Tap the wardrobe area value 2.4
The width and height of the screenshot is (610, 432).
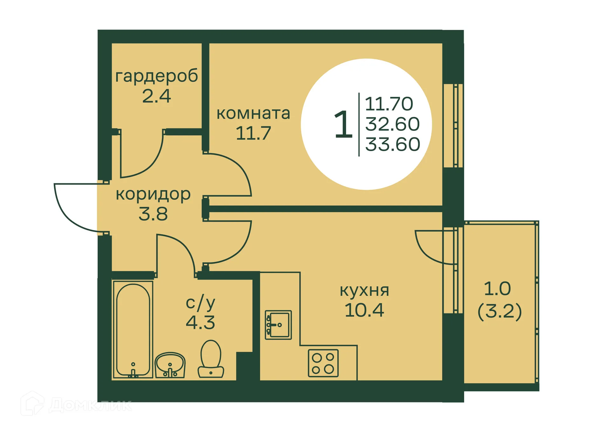point(156,96)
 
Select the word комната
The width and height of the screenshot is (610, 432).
point(253,114)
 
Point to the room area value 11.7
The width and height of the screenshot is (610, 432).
point(253,133)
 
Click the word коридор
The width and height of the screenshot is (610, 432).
point(153,194)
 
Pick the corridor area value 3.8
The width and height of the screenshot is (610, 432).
point(153,214)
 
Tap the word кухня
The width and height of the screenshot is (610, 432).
point(364,290)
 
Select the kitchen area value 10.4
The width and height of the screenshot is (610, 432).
point(364,310)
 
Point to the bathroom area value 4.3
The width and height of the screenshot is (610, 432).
point(200,323)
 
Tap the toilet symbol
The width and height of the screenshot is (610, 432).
point(211,359)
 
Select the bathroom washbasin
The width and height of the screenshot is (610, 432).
point(170,365)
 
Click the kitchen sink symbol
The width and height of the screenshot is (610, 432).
point(278,325)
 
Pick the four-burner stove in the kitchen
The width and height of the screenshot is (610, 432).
point(323,363)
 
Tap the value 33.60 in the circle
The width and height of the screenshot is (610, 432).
point(392,144)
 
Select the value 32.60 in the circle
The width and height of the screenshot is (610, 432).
point(392,124)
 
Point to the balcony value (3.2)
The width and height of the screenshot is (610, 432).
point(499,311)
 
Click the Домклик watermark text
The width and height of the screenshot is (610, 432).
point(91,405)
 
